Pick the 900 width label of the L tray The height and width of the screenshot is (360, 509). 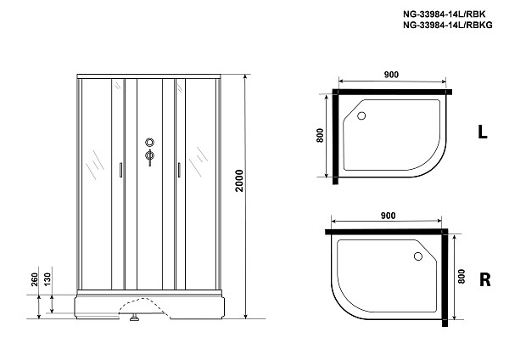click(391, 76)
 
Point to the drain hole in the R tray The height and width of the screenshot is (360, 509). click(417, 254)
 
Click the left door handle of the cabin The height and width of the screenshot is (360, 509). click(122, 170)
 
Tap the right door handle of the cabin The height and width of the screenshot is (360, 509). click(180, 170)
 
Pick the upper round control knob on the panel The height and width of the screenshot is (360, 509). click(150, 143)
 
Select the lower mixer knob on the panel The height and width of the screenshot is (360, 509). click(150, 156)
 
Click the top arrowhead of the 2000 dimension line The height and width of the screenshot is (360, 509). click(245, 76)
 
